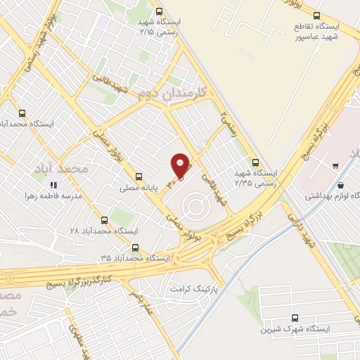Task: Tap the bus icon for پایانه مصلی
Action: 138,176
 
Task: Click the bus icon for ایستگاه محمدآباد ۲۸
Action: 105,220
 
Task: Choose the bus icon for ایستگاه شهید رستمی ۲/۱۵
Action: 159,11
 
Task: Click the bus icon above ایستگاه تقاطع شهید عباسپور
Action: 316,15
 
